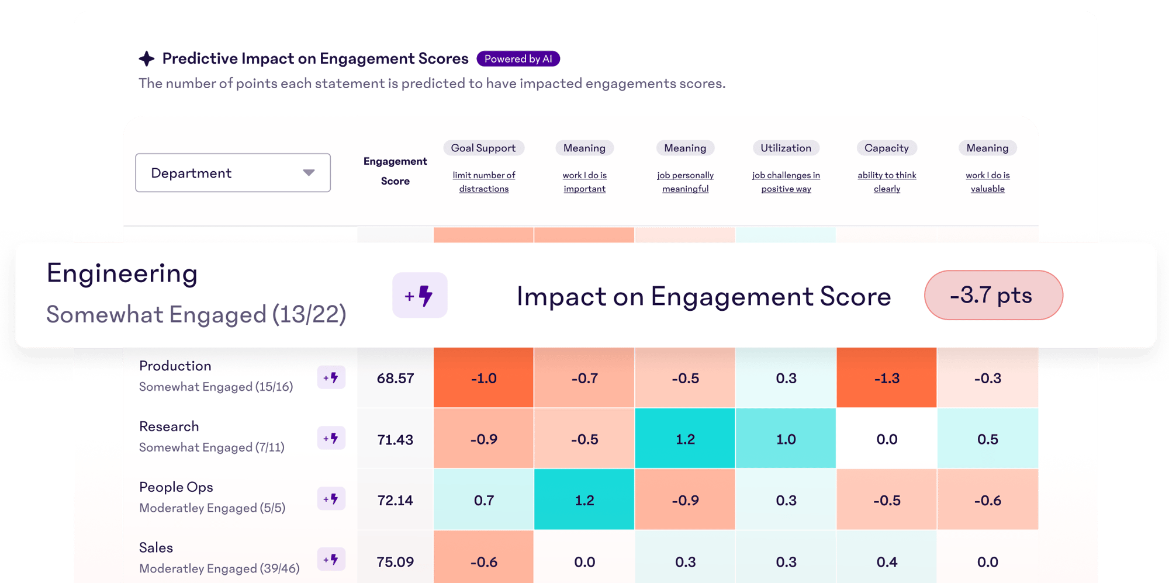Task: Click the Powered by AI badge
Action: (518, 59)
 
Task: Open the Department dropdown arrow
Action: (309, 173)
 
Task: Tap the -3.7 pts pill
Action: (993, 295)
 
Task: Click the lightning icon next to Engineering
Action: (420, 296)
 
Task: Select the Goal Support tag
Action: (483, 148)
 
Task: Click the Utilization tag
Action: (786, 148)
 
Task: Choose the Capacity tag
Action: (886, 148)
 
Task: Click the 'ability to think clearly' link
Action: (887, 182)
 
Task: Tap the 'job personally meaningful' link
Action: (685, 182)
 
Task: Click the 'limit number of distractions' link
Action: (483, 182)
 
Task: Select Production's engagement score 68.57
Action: (395, 379)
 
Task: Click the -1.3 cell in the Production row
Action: (886, 379)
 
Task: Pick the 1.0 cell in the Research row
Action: (786, 439)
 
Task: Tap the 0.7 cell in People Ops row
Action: (483, 501)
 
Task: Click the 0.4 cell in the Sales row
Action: (886, 562)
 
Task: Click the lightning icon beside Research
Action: (331, 438)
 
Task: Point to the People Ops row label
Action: (176, 487)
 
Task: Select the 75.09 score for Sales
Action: (395, 562)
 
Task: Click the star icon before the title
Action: (147, 58)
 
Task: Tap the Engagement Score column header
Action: (395, 171)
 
